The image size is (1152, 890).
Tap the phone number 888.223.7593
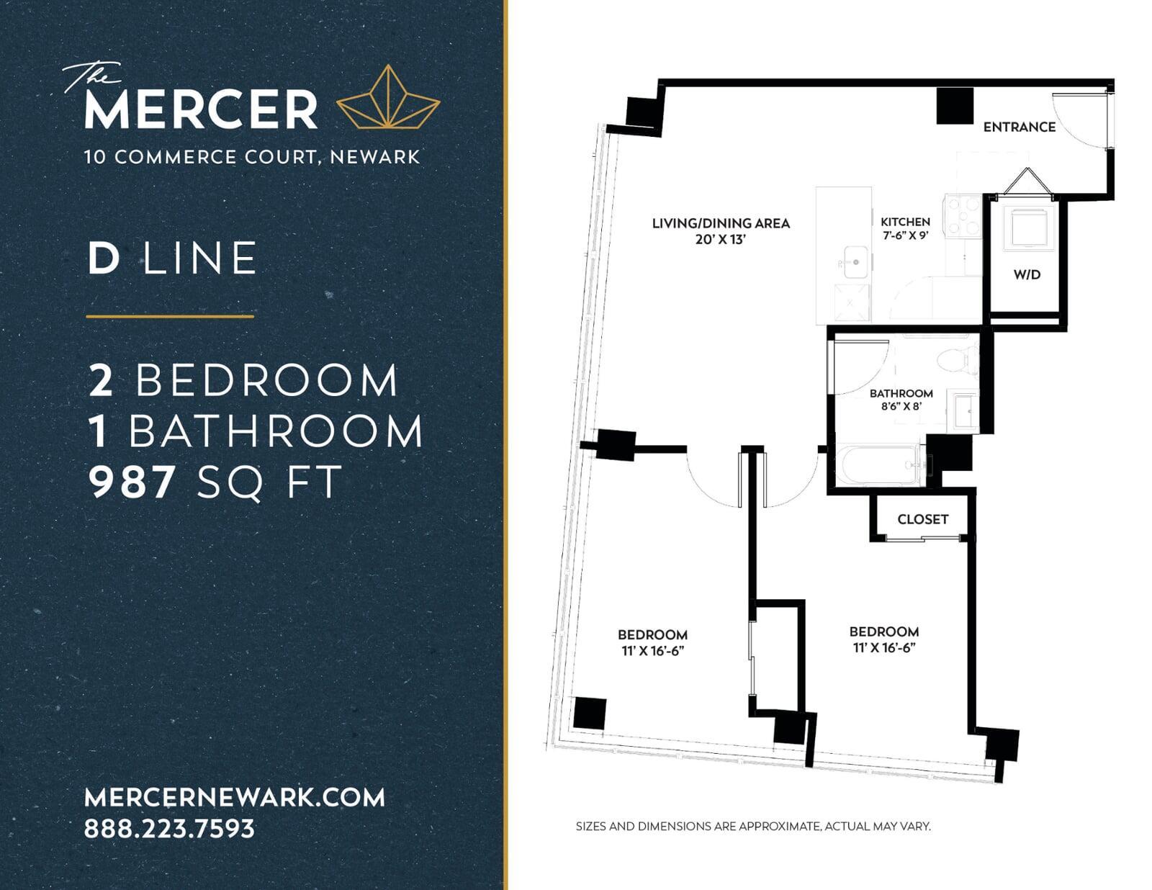pyautogui.click(x=170, y=828)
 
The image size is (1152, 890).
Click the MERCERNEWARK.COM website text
pyautogui.click(x=235, y=797)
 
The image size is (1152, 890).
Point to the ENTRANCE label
pyautogui.click(x=1019, y=127)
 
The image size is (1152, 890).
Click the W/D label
pyautogui.click(x=1027, y=274)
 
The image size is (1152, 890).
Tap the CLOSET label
pyautogui.click(x=922, y=519)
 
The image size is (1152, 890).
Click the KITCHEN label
pyautogui.click(x=905, y=222)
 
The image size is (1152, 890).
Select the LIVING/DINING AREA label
pyautogui.click(x=721, y=223)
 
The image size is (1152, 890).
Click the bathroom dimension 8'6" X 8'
pyautogui.click(x=901, y=407)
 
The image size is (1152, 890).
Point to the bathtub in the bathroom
pyautogui.click(x=879, y=465)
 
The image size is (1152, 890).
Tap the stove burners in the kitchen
pyautogui.click(x=964, y=216)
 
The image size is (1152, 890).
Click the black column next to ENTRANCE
pyautogui.click(x=955, y=105)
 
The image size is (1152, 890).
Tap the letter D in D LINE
pyautogui.click(x=104, y=259)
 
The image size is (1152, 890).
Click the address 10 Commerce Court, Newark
pyautogui.click(x=252, y=157)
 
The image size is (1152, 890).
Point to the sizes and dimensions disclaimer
pyautogui.click(x=753, y=826)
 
